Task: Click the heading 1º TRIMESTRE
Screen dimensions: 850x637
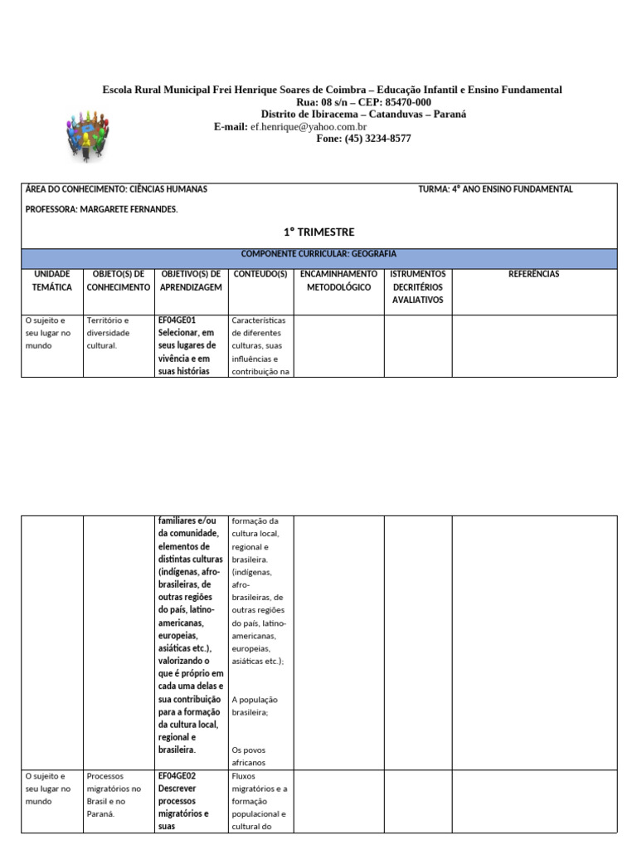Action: pos(318,232)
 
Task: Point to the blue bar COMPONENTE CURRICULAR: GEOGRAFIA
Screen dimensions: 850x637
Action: pos(318,254)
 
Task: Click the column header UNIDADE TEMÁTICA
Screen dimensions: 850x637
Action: pos(52,281)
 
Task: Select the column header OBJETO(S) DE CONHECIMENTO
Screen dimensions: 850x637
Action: pos(119,281)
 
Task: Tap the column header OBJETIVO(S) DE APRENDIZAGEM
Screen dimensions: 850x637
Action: pos(192,281)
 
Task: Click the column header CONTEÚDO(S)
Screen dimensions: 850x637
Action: pos(260,274)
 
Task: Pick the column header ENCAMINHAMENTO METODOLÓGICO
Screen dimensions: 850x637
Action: pos(338,281)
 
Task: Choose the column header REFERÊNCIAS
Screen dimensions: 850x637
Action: pos(533,274)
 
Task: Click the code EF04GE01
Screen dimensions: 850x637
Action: pos(176,320)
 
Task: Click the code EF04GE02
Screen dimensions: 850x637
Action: pos(176,775)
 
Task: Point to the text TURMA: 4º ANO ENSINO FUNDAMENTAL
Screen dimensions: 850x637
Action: pos(495,189)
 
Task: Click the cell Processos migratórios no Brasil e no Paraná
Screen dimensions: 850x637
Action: pos(114,794)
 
